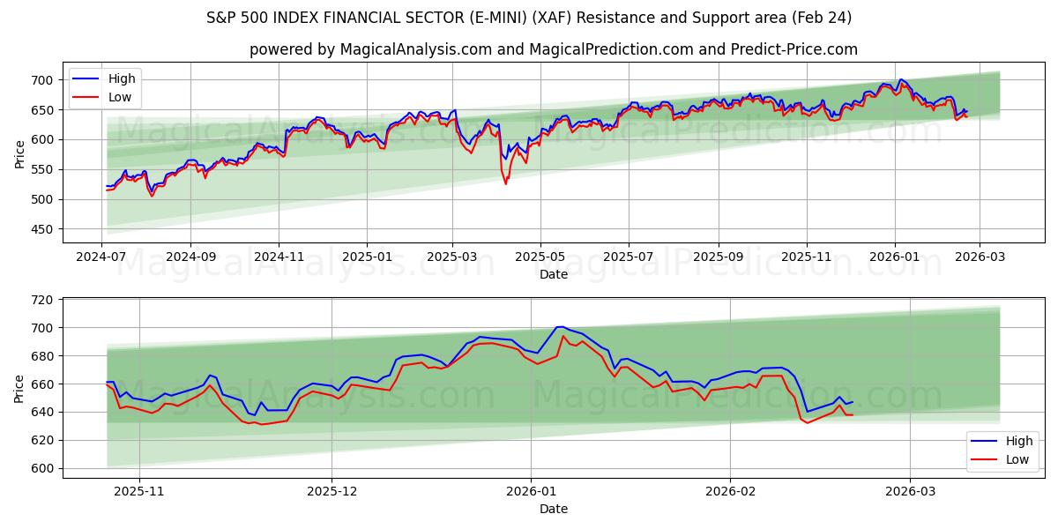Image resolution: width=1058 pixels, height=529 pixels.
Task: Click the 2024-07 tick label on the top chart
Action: (x=101, y=257)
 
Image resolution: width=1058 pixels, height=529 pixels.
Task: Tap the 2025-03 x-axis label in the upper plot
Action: (x=452, y=257)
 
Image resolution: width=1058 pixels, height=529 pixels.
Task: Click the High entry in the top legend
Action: (x=122, y=79)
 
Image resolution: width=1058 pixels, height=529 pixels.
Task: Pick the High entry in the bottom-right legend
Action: (x=1018, y=441)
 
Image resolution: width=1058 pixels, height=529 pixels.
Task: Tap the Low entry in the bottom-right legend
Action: (x=1017, y=458)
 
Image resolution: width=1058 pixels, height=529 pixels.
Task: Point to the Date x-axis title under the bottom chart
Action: (x=554, y=509)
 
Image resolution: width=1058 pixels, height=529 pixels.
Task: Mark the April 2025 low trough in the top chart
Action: (x=505, y=183)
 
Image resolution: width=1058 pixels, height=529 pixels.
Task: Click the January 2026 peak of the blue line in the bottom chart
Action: (x=559, y=327)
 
